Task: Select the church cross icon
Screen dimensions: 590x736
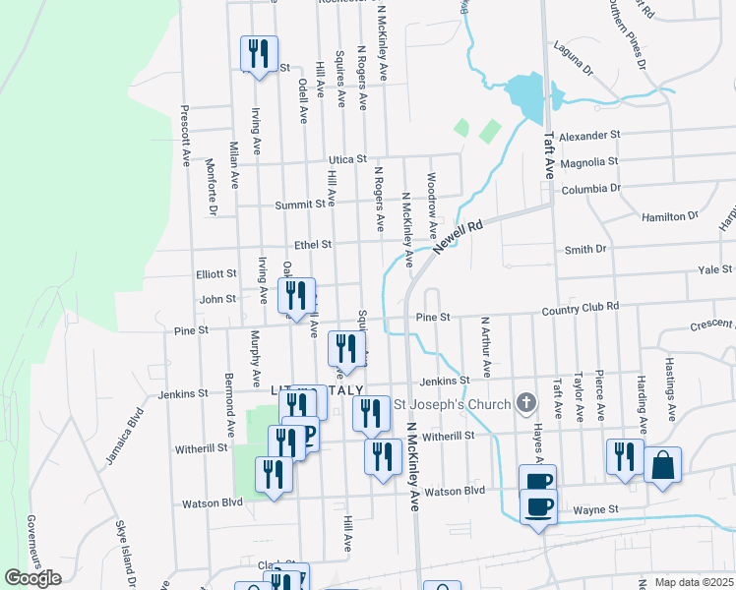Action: [x=526, y=403]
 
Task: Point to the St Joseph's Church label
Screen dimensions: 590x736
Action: [x=453, y=404]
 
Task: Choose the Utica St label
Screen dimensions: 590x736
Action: [x=347, y=158]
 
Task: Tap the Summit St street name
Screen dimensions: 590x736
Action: [x=313, y=204]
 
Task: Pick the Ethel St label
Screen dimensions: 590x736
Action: [x=313, y=244]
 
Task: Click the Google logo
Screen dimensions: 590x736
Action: [x=32, y=578]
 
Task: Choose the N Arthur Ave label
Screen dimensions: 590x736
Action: [x=485, y=346]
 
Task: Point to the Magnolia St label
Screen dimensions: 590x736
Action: [x=588, y=161]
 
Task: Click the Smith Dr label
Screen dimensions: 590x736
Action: [x=584, y=250]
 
